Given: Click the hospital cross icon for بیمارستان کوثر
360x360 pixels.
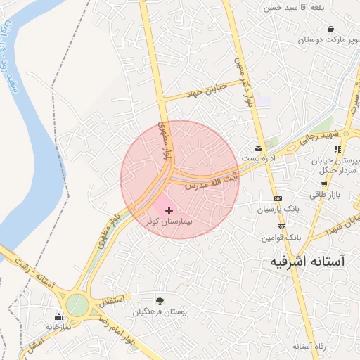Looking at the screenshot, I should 169,210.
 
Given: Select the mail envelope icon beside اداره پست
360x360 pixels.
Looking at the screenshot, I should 259,148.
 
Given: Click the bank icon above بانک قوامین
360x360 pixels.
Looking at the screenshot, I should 281,226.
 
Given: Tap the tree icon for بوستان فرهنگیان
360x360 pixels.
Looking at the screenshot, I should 160,300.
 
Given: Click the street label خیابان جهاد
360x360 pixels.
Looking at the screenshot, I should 203,91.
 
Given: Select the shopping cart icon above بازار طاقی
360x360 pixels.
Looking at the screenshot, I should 324,184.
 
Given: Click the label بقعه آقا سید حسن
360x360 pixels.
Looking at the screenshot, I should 290,8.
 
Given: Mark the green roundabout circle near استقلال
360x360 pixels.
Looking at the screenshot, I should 77,306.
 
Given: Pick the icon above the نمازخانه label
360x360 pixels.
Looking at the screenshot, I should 58,316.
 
